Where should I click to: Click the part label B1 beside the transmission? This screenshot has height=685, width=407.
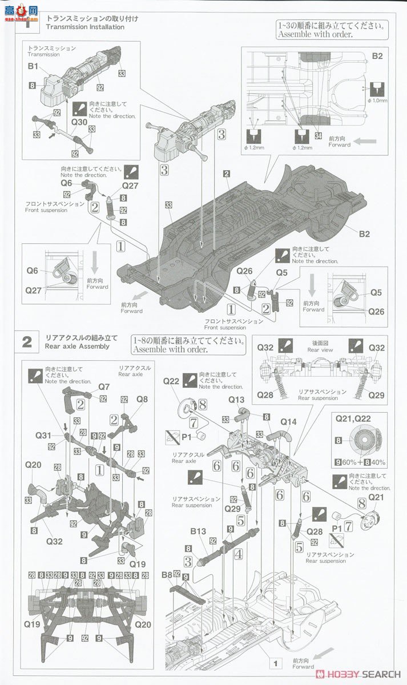[x=33, y=67]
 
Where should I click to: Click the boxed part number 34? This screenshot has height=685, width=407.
[x=318, y=135]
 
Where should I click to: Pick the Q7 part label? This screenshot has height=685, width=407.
[x=103, y=386]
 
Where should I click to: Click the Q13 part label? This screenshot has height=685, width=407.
[x=236, y=399]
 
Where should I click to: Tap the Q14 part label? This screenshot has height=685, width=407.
[x=288, y=422]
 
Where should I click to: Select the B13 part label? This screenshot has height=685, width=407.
[x=198, y=530]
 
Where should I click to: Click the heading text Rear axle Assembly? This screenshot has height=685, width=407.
[x=77, y=346]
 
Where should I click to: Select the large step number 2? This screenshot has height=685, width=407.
[x=27, y=342]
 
